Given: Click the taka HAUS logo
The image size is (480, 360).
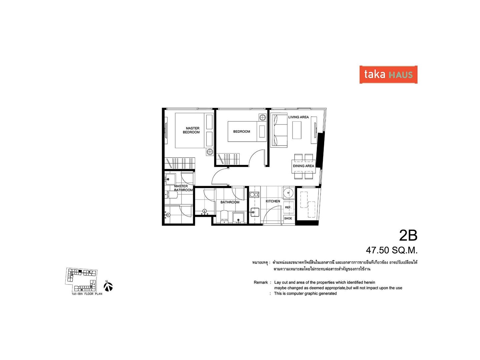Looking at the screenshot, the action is coord(388,74).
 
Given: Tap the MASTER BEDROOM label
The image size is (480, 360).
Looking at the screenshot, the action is coord(191,130).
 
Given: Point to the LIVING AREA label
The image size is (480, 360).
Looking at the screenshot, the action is coord(298,117).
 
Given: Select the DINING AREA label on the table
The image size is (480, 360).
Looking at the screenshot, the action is coord(303,166).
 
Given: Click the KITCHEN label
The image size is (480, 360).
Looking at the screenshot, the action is coord(273,201).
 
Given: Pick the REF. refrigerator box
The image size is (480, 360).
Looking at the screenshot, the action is coord(288,207).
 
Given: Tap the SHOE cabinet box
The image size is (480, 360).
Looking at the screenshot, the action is coord(288,218).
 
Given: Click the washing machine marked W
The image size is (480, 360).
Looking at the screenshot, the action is coord(289,193).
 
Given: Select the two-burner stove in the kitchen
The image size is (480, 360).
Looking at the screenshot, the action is coord(254,194).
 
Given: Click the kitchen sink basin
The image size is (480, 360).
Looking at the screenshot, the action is coord(254,212).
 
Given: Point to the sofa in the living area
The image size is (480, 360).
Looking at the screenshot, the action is coord(279,130).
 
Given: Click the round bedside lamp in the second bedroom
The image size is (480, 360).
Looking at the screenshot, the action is coord(263,118).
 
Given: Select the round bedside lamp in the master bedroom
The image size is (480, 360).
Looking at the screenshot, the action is coord(210,152).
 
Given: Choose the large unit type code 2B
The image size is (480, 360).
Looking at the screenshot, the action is coord(408,235).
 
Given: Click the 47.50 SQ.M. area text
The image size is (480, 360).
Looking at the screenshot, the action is coord(392,250).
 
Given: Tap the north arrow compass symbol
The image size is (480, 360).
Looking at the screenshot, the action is coord(108,287).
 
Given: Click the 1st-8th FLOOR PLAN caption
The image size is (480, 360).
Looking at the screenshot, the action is coord(87,294).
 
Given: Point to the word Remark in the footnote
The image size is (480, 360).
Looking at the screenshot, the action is coord(261,282).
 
